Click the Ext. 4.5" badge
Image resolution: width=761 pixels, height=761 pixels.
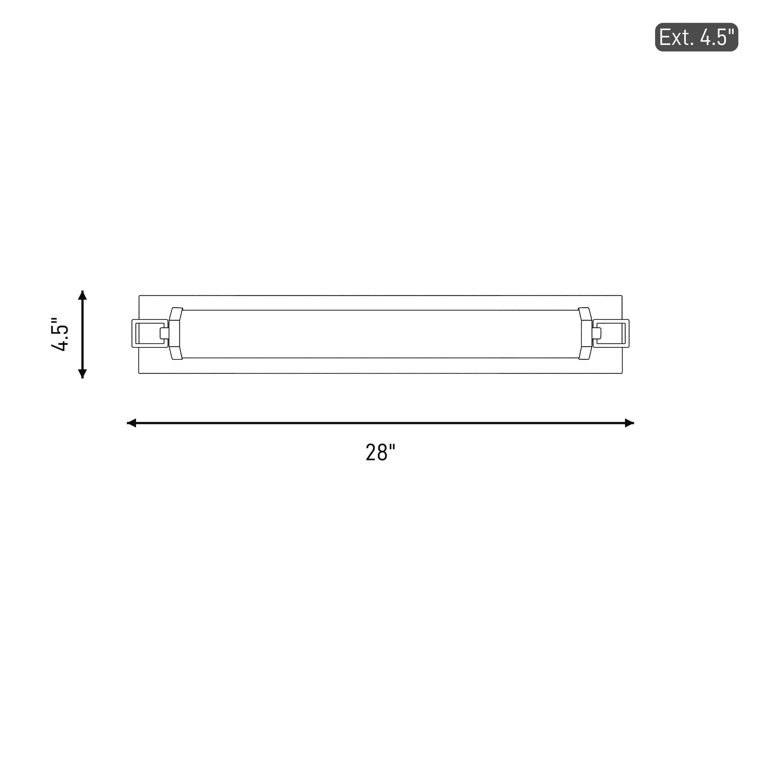(696, 37)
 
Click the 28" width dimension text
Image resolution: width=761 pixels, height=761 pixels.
(380, 453)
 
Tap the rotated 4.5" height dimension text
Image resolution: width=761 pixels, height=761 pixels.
(60, 334)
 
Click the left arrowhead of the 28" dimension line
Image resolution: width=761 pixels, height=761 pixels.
(131, 423)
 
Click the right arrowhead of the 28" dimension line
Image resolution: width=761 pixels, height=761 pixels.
(629, 423)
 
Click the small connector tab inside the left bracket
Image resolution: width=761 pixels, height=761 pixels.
(165, 334)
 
